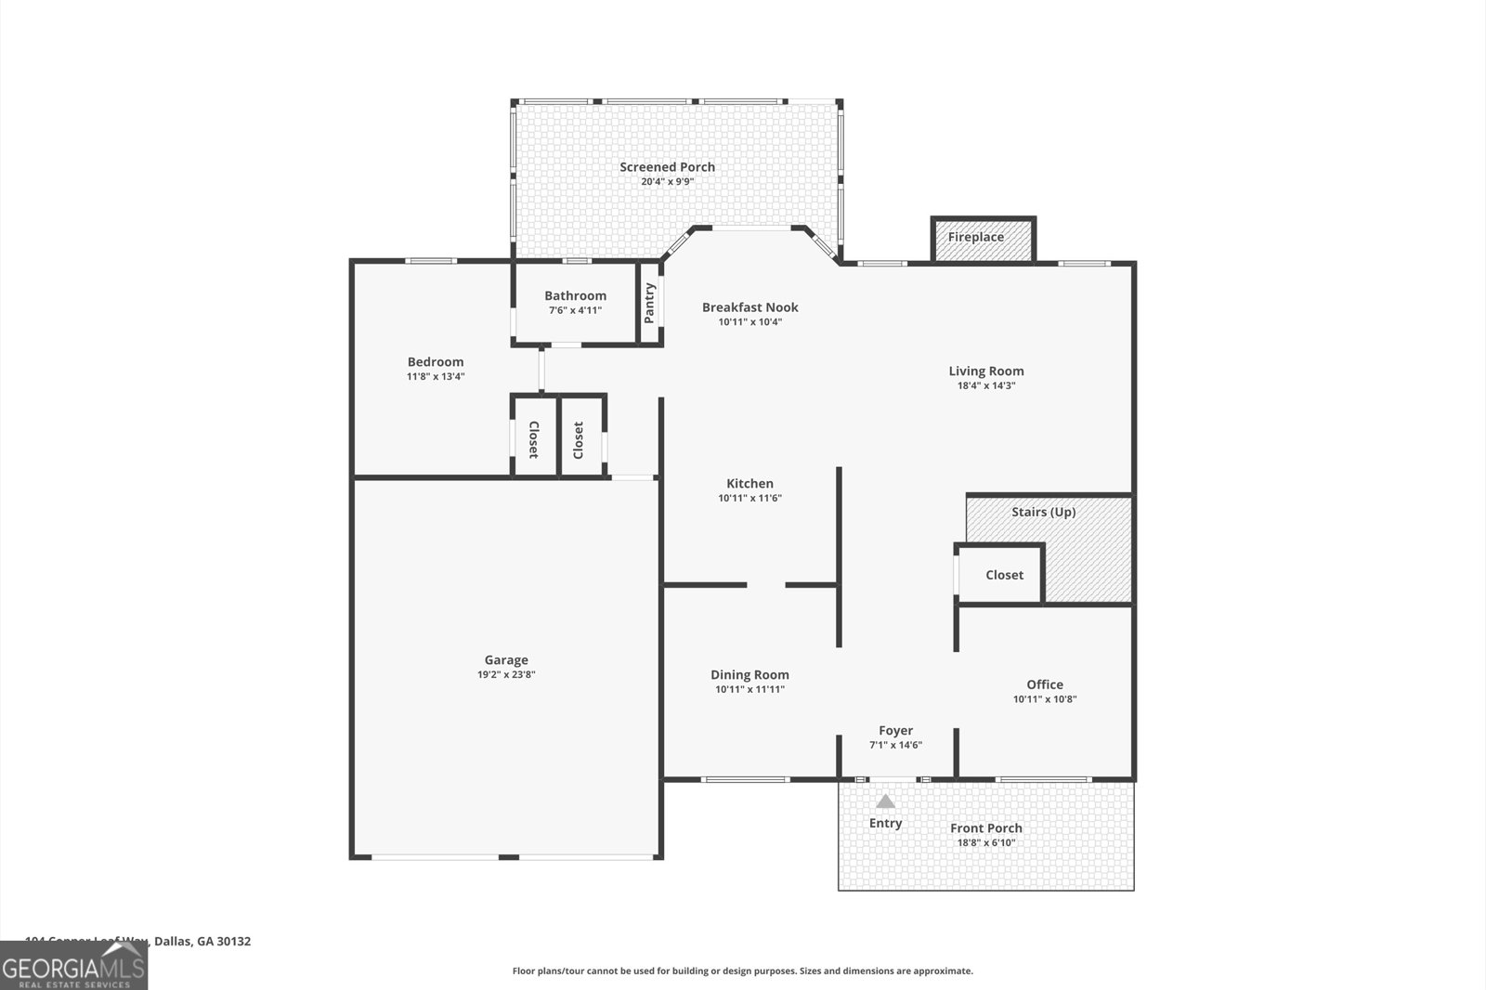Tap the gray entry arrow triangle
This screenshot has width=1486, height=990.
pos(886,801)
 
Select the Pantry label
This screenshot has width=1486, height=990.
pos(649,303)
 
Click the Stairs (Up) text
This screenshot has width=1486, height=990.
pos(1043,512)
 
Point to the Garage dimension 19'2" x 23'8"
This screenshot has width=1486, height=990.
pos(506,675)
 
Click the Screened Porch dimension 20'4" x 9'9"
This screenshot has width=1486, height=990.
pos(667,182)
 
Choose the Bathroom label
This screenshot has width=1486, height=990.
pos(575,295)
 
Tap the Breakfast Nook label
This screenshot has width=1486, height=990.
pos(750,307)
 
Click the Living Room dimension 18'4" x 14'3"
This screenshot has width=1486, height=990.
pos(986,385)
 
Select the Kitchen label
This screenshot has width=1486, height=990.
pos(750,483)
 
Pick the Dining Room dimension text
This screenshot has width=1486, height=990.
pos(750,690)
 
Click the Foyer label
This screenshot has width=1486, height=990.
pos(895,731)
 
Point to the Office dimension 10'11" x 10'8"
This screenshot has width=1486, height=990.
pos(1044,699)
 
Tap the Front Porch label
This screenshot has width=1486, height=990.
pos(985,828)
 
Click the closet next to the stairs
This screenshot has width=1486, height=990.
pos(1004,575)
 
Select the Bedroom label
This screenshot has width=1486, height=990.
pos(435,362)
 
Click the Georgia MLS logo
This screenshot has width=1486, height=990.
pos(73,966)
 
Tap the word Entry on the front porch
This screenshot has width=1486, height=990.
pos(885,823)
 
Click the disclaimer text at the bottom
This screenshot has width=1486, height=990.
pos(742,971)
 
